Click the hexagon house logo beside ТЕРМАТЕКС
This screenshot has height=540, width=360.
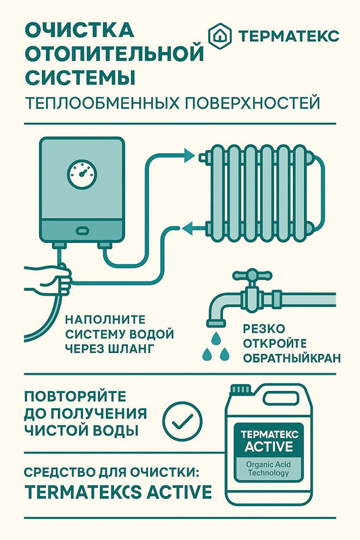coord(220,36)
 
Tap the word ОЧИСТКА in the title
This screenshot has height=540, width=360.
coord(79,30)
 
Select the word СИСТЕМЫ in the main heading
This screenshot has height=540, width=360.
coord(80,77)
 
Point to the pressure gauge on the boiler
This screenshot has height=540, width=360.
coord(82,173)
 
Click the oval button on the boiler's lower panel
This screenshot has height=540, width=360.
coord(82,230)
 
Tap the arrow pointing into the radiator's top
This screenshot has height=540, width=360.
coord(189,155)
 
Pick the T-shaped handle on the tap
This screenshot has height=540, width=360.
coord(252,275)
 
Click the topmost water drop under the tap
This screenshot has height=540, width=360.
coord(215,338)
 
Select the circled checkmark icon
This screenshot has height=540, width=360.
coord(182,421)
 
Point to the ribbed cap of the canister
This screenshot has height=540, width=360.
coord(240,389)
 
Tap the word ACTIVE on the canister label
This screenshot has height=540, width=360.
coord(269,447)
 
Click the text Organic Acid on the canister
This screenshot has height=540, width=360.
coord(268,464)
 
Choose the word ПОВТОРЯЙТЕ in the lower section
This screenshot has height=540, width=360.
coord(75,396)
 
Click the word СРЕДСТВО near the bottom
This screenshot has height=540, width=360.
coord(59,473)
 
